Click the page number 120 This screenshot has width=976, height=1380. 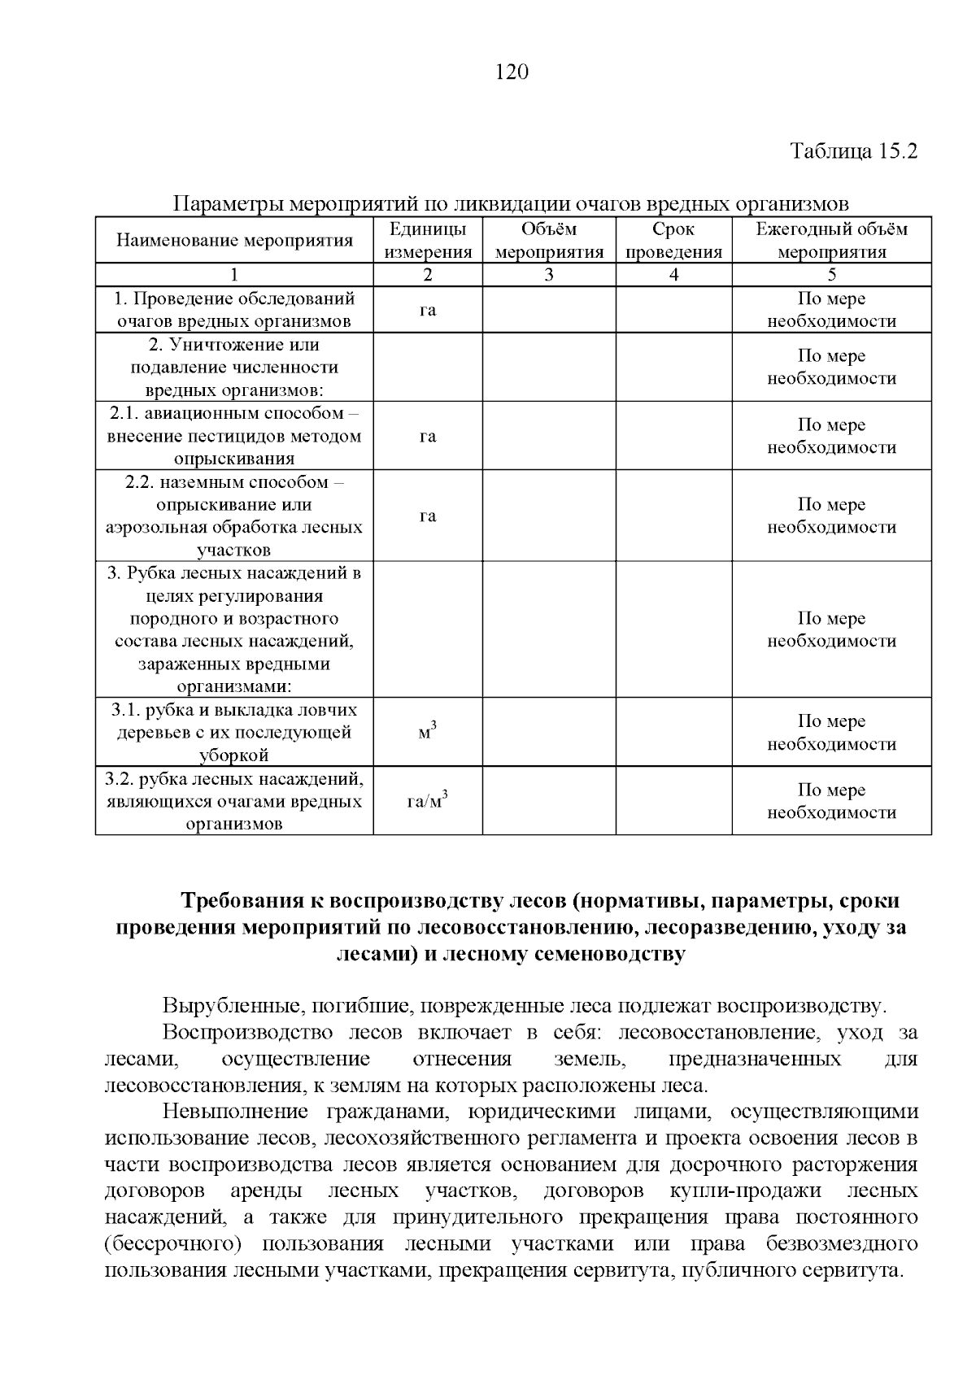pos(512,73)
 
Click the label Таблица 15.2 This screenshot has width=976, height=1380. pos(854,152)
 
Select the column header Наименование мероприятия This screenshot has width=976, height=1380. pos(234,241)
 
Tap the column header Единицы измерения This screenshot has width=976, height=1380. pos(428,241)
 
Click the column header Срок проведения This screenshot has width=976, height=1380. pos(673,241)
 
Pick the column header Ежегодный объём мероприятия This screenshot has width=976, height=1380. pos(831,241)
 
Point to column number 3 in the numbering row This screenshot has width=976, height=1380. pos(549,275)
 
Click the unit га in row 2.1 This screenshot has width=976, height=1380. pos(428,437)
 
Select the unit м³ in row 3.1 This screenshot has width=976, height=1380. pos(428,732)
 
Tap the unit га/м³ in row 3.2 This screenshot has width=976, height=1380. pos(428,801)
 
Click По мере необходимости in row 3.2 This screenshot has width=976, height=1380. pos(831,801)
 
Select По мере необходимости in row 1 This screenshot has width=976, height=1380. pos(831,310)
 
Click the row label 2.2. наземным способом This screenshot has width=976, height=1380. pos(234,482)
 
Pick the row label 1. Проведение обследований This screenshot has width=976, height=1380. pos(234,298)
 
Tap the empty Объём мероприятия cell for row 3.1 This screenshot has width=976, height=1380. pos(549,732)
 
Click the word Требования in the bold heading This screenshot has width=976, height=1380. pos(242,902)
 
